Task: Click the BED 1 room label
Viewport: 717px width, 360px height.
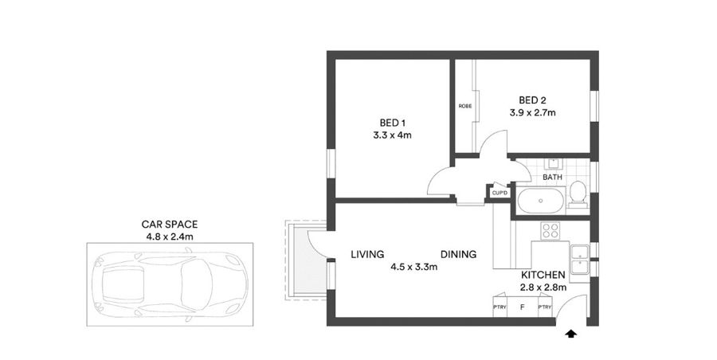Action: tap(392, 123)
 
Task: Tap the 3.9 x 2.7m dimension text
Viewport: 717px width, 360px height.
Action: tap(533, 112)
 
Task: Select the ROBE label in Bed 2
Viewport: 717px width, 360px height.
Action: tap(465, 106)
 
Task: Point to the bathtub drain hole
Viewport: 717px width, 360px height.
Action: tap(540, 201)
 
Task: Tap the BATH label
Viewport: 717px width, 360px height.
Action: tap(552, 177)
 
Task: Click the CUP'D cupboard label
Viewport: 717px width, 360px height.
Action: tap(500, 194)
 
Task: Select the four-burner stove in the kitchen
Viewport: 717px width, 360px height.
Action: tap(550, 230)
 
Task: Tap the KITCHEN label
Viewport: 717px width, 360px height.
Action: tap(543, 275)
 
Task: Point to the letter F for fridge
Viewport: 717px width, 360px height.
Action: tap(522, 307)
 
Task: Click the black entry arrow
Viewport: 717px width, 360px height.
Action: tap(570, 334)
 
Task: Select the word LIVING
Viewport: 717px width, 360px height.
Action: tap(367, 254)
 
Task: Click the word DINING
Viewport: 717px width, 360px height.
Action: tap(459, 254)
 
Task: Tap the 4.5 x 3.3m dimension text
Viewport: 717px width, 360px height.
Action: tap(413, 267)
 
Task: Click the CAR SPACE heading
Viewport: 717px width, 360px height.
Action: tap(169, 224)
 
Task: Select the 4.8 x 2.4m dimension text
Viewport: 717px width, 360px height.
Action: tap(170, 237)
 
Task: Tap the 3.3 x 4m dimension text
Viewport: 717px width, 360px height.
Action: tap(392, 135)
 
